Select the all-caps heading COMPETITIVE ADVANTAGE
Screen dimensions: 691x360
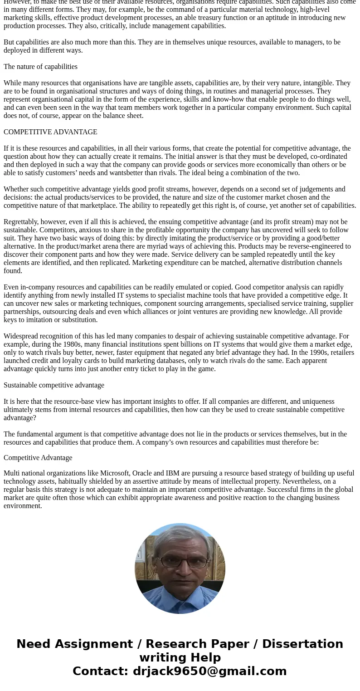(x=50, y=132)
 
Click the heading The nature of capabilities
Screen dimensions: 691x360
(x=40, y=67)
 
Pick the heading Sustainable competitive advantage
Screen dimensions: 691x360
(x=54, y=385)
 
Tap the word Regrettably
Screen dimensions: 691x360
(x=21, y=222)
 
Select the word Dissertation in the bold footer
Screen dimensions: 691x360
(x=302, y=644)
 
